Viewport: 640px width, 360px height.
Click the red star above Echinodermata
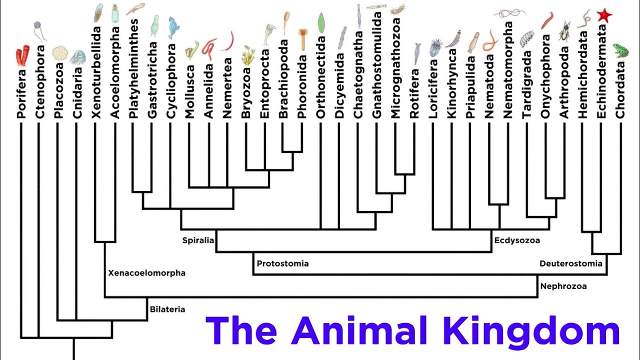pos(604,15)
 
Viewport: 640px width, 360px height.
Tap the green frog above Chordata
pos(620,50)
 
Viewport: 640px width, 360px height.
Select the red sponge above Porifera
pos(22,55)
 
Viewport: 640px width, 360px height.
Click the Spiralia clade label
pos(198,240)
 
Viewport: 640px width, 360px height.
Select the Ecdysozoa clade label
pos(517,240)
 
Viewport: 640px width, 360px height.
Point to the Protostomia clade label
pos(282,263)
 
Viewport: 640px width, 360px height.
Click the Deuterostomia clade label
pos(570,263)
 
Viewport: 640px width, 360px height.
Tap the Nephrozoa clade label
pos(563,286)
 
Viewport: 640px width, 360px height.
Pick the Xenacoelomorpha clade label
pos(146,273)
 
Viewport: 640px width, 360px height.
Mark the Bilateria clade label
pos(167,309)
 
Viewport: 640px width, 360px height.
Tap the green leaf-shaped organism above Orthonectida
pos(321,23)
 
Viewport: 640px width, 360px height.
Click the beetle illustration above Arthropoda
pos(565,31)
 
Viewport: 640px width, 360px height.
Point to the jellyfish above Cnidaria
pos(77,56)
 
